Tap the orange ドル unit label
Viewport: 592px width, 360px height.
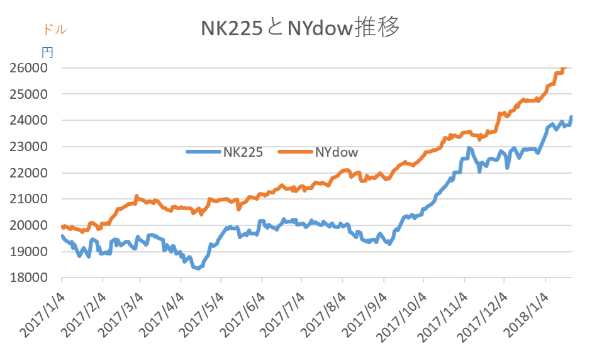tap(55, 29)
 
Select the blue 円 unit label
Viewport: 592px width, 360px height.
tap(47, 52)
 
